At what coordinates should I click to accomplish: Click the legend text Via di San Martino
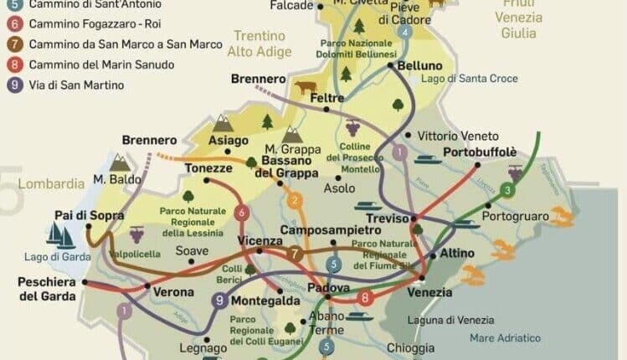click(x=76, y=85)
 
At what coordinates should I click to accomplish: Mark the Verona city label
click(x=172, y=292)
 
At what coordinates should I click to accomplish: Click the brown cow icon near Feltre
click(x=305, y=85)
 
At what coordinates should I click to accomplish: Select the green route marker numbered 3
click(x=507, y=191)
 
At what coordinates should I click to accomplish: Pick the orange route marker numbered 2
click(x=295, y=200)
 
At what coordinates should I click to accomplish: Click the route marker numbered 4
click(x=405, y=33)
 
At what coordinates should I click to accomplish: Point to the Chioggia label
click(x=410, y=347)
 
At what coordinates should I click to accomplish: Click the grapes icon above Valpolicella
click(x=136, y=234)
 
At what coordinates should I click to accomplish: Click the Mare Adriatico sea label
click(x=505, y=337)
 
